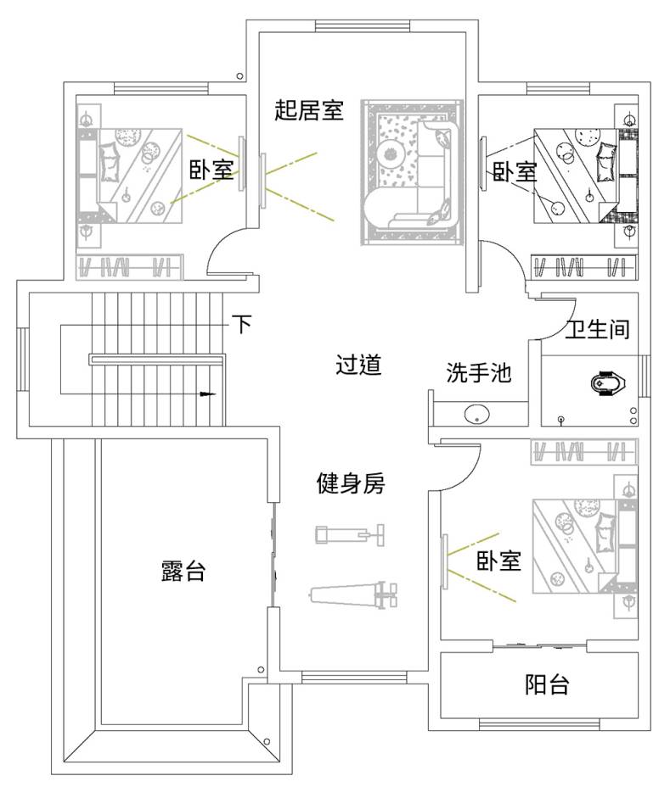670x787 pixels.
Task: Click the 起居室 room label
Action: pyautogui.click(x=308, y=110)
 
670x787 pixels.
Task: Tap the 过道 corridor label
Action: pyautogui.click(x=358, y=365)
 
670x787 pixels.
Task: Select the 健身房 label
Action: pyautogui.click(x=351, y=483)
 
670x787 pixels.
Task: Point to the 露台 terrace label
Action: pyautogui.click(x=183, y=572)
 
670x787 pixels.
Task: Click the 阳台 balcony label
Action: pyautogui.click(x=547, y=684)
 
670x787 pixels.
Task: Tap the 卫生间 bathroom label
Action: pyautogui.click(x=598, y=329)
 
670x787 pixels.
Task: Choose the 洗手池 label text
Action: pyautogui.click(x=478, y=372)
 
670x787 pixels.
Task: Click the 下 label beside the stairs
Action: pyautogui.click(x=243, y=324)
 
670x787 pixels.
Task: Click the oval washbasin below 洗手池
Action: pyautogui.click(x=476, y=415)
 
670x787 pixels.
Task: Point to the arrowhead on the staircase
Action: pyautogui.click(x=207, y=394)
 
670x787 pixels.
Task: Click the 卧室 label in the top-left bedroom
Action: pyautogui.click(x=211, y=170)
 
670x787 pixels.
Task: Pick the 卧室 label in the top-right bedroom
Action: pyautogui.click(x=515, y=171)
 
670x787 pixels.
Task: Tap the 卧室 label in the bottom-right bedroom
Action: pyautogui.click(x=498, y=561)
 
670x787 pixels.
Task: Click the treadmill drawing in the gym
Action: pyautogui.click(x=350, y=534)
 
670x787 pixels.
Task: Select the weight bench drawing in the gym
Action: pyautogui.click(x=353, y=594)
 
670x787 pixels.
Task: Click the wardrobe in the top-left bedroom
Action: pyautogui.click(x=129, y=266)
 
